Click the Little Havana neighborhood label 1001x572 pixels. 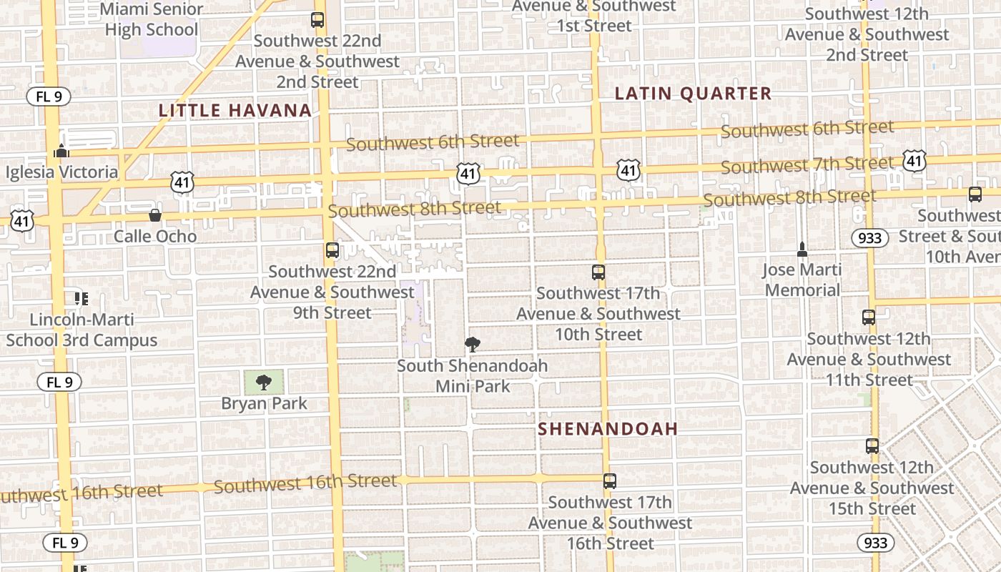(x=235, y=110)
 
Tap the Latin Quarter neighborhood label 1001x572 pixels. (x=693, y=94)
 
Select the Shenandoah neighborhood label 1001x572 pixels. (x=607, y=429)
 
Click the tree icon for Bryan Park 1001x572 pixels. (x=264, y=382)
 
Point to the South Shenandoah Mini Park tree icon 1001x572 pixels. (x=472, y=345)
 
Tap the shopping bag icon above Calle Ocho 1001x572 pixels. (x=154, y=214)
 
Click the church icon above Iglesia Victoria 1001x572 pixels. (x=61, y=151)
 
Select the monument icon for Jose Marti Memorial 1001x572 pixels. (x=802, y=250)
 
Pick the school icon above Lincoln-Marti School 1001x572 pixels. (x=81, y=298)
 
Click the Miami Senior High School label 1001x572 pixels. (x=152, y=19)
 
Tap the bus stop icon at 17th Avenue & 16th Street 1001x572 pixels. (x=609, y=481)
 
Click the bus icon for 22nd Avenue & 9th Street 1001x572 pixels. (x=332, y=250)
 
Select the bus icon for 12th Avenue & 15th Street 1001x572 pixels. (x=872, y=446)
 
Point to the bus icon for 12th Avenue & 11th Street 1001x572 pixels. (x=869, y=317)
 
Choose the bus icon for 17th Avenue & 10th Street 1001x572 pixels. (x=598, y=272)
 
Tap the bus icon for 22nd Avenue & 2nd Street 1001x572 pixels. (x=317, y=20)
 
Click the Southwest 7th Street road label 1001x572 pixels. (x=807, y=165)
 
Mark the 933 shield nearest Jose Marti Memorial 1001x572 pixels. (x=869, y=237)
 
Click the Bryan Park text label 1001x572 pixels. (x=264, y=403)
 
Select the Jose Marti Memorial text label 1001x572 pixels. (x=802, y=280)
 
